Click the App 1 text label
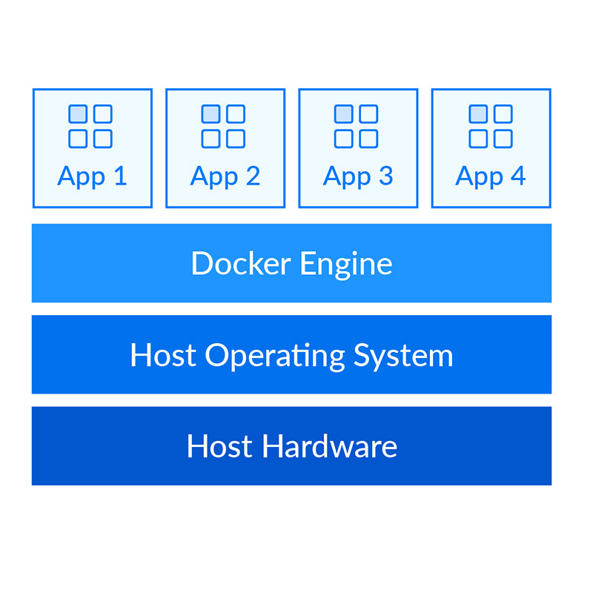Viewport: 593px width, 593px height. [92, 176]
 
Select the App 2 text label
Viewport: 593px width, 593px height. [225, 176]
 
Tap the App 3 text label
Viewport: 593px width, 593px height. [358, 176]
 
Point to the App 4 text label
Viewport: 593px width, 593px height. [491, 176]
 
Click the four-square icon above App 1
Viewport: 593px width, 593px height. [90, 126]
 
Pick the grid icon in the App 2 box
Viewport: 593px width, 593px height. [223, 126]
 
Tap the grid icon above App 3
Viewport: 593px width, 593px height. [357, 126]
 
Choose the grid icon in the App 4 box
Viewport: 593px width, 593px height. [491, 126]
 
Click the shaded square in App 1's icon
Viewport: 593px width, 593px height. [78, 114]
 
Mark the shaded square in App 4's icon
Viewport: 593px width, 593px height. [478, 114]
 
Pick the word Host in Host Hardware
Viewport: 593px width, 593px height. [220, 447]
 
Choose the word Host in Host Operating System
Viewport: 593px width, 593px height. [163, 355]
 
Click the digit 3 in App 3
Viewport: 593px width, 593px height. [385, 176]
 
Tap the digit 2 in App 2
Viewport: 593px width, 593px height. [253, 176]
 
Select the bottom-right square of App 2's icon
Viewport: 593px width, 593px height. [236, 139]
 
